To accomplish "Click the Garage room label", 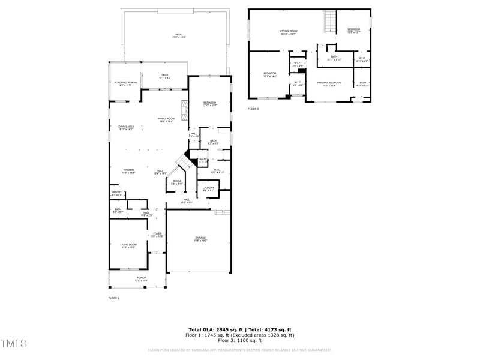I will pos(200,239).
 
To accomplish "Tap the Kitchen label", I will pos(128,171).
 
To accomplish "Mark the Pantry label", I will pos(116,193).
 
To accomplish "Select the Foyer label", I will pos(157,235).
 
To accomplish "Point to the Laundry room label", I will pos(208,188).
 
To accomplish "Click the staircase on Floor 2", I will pos(329,23).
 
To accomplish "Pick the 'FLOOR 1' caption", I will pos(114,298).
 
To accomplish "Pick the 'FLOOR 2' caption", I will pos(253,109).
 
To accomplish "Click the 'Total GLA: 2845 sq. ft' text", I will pos(215,330).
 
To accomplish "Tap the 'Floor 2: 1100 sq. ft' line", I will pos(240,340).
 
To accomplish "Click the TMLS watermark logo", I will pos(14,344).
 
